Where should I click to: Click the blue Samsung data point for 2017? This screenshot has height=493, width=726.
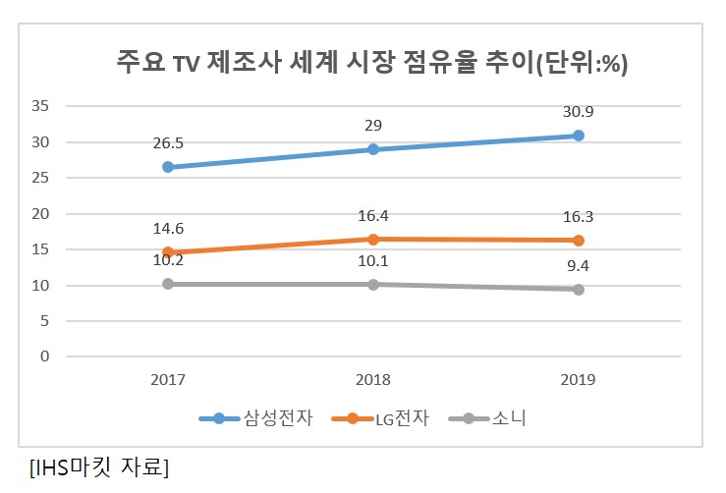[168, 167]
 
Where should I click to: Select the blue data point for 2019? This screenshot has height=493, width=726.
[579, 136]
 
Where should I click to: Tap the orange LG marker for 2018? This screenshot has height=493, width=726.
[373, 240]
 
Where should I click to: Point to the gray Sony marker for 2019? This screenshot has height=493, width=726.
[579, 290]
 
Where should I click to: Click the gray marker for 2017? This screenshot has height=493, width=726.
[168, 284]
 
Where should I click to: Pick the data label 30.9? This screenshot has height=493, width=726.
[578, 112]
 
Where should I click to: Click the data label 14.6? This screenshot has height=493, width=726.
[168, 229]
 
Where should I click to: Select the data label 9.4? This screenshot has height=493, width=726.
[578, 266]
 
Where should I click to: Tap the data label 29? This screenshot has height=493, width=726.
[373, 126]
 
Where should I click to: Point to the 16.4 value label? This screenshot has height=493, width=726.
[373, 216]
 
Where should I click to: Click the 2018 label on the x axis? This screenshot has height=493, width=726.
[373, 380]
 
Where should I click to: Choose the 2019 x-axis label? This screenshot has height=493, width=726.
[578, 380]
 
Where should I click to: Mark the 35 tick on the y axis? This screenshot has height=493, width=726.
[40, 106]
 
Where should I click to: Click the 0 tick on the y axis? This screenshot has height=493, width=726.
[44, 356]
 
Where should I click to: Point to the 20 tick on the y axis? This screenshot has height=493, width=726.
[40, 214]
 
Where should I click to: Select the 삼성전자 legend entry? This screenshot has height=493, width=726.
[256, 418]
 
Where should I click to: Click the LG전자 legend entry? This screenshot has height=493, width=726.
[380, 418]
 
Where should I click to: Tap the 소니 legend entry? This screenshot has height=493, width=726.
[487, 418]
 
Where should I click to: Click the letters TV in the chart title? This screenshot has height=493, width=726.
[187, 63]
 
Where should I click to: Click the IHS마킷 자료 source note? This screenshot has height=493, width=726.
[99, 467]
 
